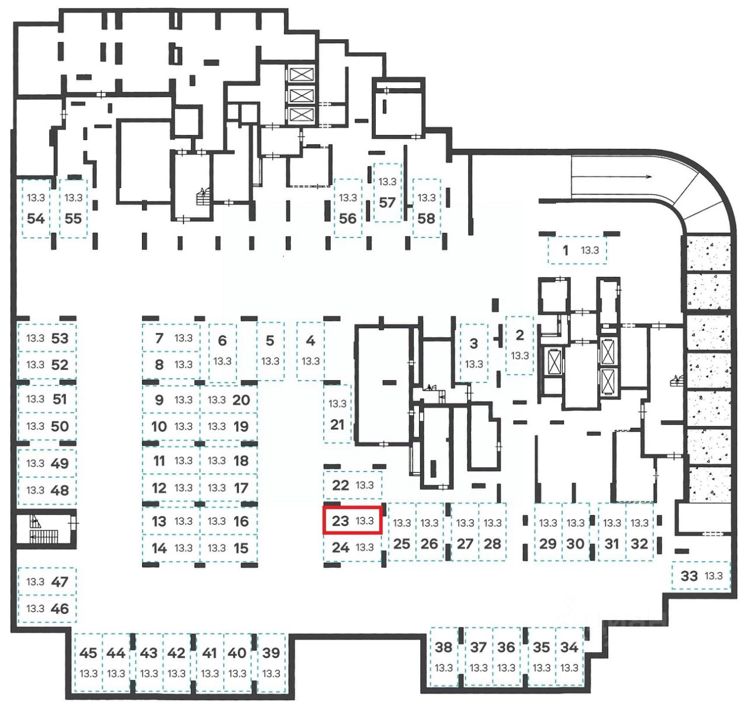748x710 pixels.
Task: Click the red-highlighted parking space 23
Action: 352,520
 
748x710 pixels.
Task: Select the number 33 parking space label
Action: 690,576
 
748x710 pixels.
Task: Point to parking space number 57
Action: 387,193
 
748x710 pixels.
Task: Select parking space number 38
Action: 444,656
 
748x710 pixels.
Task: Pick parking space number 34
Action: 569,656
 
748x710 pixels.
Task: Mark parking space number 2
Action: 520,345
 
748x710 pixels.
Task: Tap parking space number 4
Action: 310,350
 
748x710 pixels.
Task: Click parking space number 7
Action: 171,337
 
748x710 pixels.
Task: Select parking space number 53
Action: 47,338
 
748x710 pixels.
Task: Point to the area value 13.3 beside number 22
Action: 365,485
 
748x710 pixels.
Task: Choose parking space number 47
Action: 47,582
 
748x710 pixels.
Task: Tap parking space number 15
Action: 228,548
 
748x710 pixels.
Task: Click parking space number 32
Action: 639,533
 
